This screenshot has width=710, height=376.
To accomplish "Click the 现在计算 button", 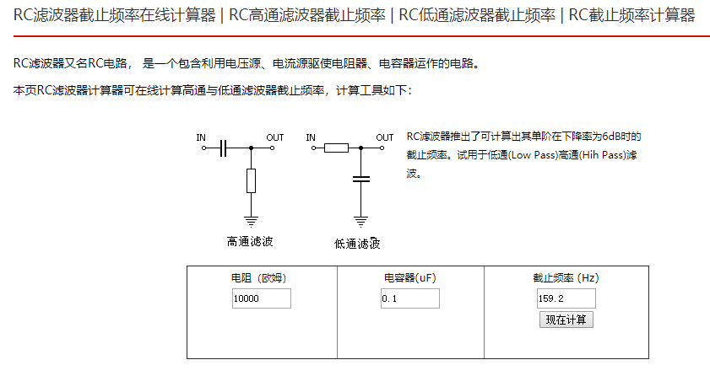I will pyautogui.click(x=566, y=320).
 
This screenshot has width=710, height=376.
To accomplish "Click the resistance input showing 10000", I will pyautogui.click(x=262, y=298).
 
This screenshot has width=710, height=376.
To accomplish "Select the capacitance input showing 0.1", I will pyautogui.click(x=409, y=298).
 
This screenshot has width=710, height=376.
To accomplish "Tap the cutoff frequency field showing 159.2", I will pyautogui.click(x=566, y=298).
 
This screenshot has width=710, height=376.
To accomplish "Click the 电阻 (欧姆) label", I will pyautogui.click(x=262, y=278).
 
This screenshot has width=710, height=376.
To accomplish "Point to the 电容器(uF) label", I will pyautogui.click(x=409, y=278).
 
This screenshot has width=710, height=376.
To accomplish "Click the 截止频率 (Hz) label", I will pyautogui.click(x=566, y=278).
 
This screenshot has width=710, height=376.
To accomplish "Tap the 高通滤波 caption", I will pyautogui.click(x=250, y=242).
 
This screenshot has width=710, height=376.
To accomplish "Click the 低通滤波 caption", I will pyautogui.click(x=357, y=244).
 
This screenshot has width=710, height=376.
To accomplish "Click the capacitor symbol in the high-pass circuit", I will pyautogui.click(x=223, y=148).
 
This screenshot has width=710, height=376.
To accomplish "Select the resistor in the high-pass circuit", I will pyautogui.click(x=251, y=180).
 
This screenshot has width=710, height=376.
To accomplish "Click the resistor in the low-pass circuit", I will pyautogui.click(x=335, y=148).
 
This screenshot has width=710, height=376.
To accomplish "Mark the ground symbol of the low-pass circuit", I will pyautogui.click(x=360, y=221).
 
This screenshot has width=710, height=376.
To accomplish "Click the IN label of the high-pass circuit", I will pyautogui.click(x=201, y=137).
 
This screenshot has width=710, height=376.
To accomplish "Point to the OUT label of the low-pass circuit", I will pyautogui.click(x=385, y=137).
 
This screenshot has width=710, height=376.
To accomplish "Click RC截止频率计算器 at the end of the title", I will pyautogui.click(x=631, y=15).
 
